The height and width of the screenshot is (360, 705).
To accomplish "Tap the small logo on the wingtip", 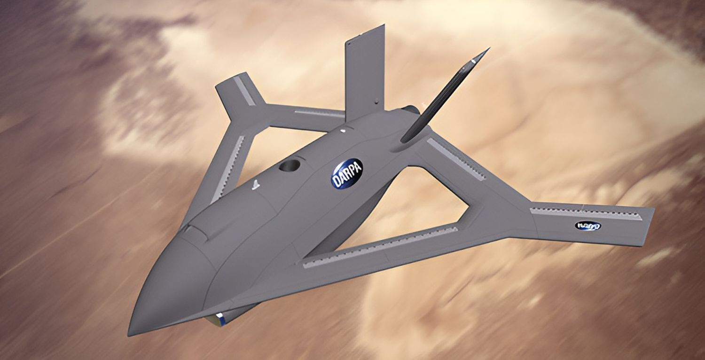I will pos(587,226).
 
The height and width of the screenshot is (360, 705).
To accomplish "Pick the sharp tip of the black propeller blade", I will pos(489,48).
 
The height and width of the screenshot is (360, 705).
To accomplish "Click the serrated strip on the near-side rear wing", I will pos(456,160).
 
